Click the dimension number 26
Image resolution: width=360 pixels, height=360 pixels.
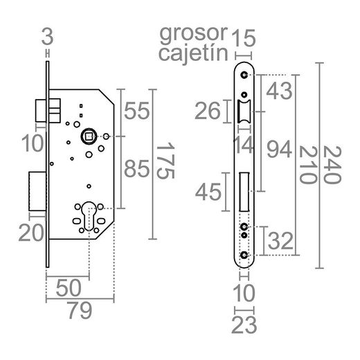click(208, 111)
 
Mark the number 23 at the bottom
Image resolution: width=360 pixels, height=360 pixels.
click(244, 323)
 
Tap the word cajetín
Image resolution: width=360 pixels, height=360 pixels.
click(192, 54)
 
